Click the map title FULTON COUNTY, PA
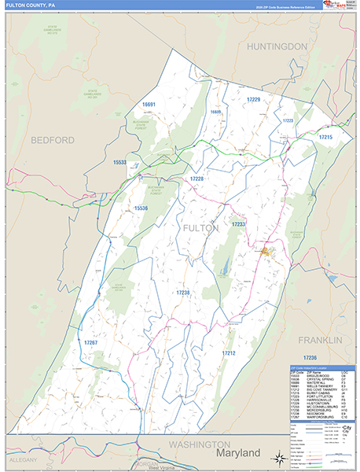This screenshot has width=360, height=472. (30, 5)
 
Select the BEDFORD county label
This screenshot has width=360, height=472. (53, 140)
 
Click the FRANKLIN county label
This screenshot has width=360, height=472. (320, 340)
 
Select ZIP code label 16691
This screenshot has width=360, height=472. (149, 105)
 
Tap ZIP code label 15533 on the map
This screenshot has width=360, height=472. (119, 162)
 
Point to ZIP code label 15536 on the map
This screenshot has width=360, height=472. (141, 208)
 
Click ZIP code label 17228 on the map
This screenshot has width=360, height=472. (197, 179)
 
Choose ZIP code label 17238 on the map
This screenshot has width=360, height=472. (182, 292)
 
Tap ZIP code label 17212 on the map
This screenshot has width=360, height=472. (229, 353)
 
